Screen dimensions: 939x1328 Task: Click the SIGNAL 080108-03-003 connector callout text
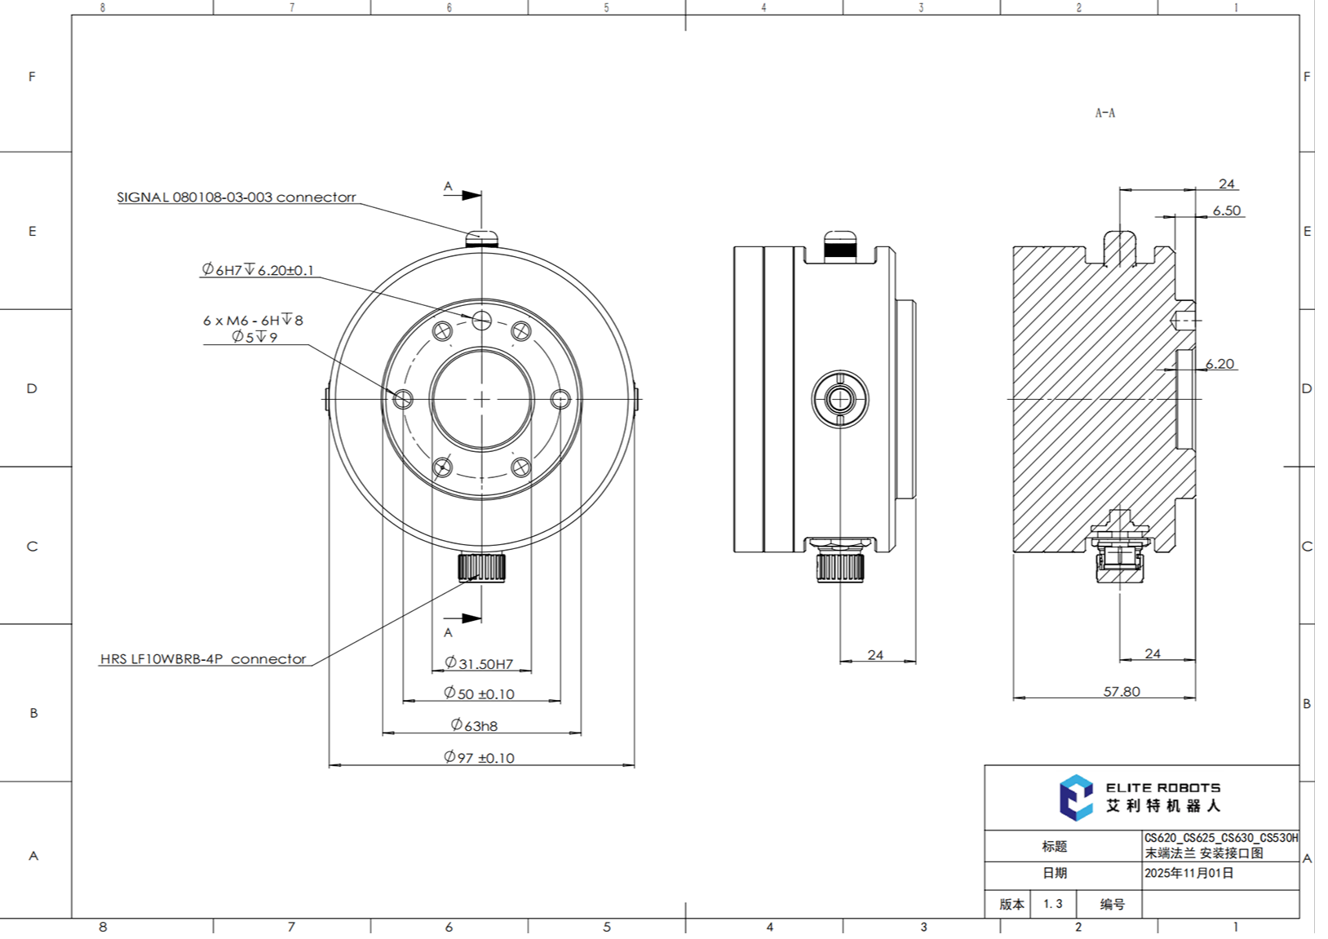tap(237, 197)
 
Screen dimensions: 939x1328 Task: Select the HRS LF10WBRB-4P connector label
tap(203, 659)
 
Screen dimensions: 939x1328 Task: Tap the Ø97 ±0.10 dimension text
tap(480, 758)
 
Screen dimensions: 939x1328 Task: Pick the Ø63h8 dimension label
tap(475, 725)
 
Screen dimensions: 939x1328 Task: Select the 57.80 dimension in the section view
tap(1122, 692)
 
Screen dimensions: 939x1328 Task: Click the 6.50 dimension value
tap(1226, 210)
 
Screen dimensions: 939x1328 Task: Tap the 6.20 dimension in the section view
tap(1220, 364)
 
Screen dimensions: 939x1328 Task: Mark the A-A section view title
tap(1104, 113)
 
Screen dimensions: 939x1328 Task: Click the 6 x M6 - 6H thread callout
tap(253, 321)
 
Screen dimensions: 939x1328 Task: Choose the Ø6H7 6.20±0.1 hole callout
tap(258, 270)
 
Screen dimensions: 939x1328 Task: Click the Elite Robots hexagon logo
tap(1076, 797)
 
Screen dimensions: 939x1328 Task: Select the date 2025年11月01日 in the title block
tap(1189, 873)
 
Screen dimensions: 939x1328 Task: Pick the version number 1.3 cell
tap(1052, 904)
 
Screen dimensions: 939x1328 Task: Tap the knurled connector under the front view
tap(481, 567)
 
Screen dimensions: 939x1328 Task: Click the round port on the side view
tap(839, 399)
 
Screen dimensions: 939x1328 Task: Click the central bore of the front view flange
tap(481, 399)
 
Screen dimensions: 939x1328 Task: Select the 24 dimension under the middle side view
tap(875, 655)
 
